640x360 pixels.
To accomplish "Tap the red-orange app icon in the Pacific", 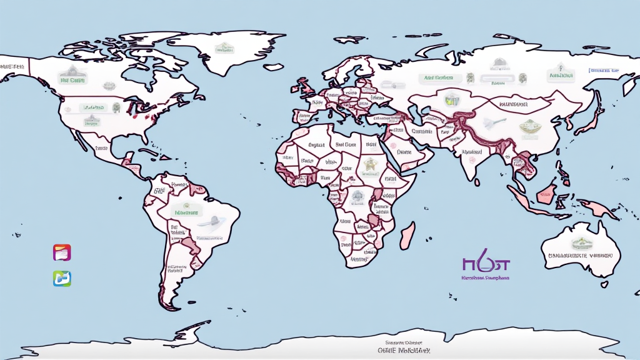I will pos(62,252).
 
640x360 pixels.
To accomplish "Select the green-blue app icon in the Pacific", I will pos(62,278).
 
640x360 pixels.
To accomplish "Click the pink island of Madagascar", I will pos(407,236).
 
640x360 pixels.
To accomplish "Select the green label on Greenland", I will pos(223,48).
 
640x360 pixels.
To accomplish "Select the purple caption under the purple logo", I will pos(485,276).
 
